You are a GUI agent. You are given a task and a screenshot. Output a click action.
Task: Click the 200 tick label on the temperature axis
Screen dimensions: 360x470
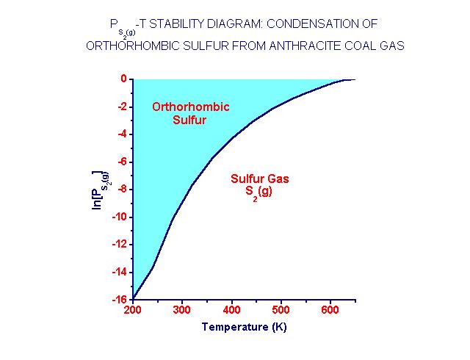pos(133,312)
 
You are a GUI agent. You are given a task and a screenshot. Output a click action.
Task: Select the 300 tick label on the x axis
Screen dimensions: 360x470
pos(182,312)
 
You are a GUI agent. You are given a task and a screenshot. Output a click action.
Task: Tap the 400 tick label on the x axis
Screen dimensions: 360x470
pos(231,312)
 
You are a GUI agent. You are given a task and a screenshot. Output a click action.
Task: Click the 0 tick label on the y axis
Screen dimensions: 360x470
pos(123,79)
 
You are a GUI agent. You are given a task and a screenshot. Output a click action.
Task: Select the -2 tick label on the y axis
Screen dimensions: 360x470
pos(121,107)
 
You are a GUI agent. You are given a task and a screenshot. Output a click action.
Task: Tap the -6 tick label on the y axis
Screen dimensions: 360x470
pos(121,162)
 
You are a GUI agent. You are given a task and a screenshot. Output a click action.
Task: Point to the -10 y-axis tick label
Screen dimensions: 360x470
pos(119,217)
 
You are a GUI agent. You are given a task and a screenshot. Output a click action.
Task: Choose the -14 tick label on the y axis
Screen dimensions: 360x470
pos(119,272)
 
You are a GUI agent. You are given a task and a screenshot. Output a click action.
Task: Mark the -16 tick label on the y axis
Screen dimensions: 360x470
pos(119,299)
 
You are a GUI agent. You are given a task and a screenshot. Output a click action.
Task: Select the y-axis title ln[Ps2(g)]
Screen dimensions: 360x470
pos(98,189)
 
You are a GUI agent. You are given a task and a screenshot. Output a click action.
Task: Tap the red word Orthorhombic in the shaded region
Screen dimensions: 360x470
pos(190,107)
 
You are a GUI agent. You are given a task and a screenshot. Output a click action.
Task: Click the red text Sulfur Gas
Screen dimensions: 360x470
pos(260,178)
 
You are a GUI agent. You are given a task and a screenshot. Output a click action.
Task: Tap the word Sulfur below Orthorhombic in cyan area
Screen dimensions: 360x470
pos(189,120)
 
